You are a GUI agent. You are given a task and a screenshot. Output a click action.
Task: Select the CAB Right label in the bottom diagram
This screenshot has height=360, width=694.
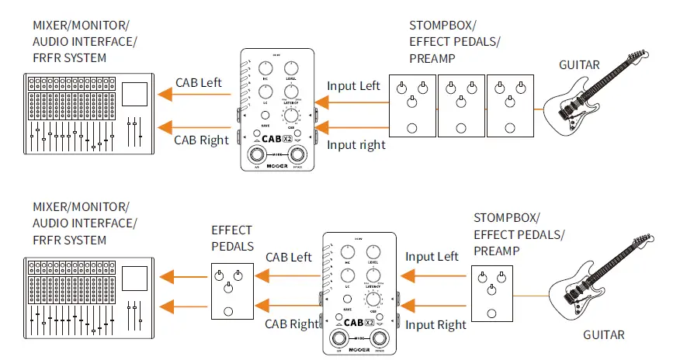click(x=293, y=324)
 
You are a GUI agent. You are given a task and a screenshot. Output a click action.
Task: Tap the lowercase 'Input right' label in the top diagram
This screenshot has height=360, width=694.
click(x=356, y=144)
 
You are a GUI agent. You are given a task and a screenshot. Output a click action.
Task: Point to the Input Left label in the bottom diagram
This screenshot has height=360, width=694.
click(x=432, y=257)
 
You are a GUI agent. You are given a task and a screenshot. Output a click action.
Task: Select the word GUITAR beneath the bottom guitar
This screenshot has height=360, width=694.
click(x=603, y=335)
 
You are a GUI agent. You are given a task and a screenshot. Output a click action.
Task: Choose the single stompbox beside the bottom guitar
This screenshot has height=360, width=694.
click(x=491, y=292)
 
